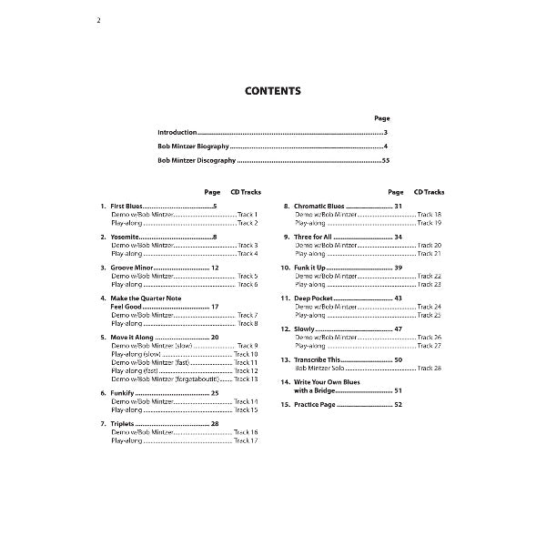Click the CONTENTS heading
(272, 91)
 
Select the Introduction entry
(177, 133)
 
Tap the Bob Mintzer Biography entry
(193, 147)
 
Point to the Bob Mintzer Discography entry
(196, 160)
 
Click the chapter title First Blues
(126, 207)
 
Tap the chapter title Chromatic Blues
(319, 207)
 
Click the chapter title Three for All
(315, 238)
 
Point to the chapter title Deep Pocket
(314, 299)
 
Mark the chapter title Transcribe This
(318, 360)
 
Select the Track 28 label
(430, 369)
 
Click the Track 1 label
(248, 214)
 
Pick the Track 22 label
(430, 276)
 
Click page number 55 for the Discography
(386, 160)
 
